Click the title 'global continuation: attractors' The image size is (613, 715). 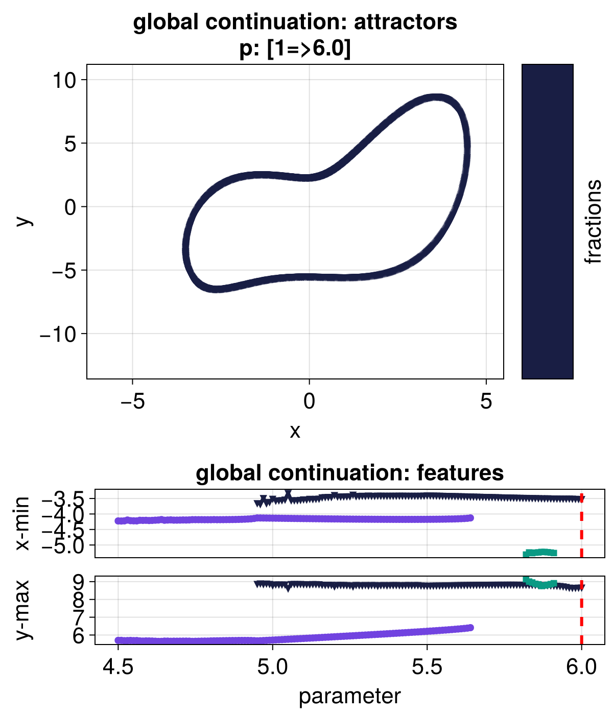point(295,23)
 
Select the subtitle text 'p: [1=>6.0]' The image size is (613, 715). point(295,50)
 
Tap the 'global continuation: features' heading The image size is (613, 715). point(350,473)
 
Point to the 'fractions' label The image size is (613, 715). point(593,222)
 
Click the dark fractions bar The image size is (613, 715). point(547,222)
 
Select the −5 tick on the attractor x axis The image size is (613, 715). point(132,401)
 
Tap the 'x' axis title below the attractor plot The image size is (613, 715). point(295,432)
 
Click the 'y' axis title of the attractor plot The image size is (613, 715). point(23,221)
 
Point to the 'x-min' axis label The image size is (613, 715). point(22,523)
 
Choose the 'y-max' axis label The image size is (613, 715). point(22,610)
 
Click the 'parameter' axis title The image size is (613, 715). point(350,696)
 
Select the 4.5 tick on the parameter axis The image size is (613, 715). point(118,667)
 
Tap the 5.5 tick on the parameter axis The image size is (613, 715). point(427,667)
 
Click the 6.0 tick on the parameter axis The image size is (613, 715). point(581,667)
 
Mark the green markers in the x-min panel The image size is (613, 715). point(540,553)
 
